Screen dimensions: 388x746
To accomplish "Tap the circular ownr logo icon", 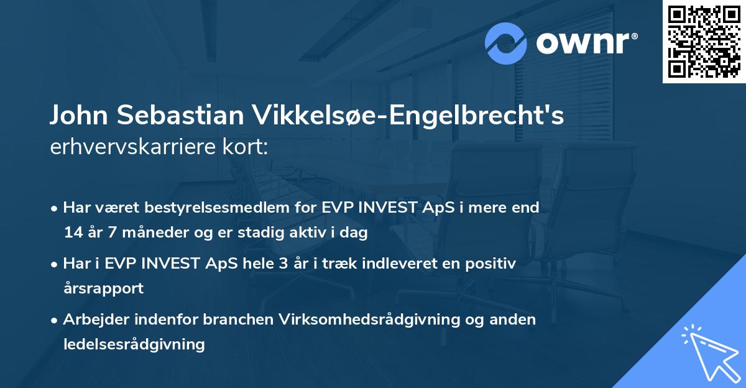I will point(506,44).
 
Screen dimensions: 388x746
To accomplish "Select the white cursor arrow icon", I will point(708,352).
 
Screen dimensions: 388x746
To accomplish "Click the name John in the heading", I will point(78,116).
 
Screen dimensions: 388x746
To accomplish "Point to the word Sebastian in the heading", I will point(179,116).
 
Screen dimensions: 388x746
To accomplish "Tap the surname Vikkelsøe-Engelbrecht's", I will point(408,116).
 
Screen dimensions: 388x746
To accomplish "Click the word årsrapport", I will point(103,289).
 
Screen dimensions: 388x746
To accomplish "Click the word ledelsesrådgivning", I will point(134,344).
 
